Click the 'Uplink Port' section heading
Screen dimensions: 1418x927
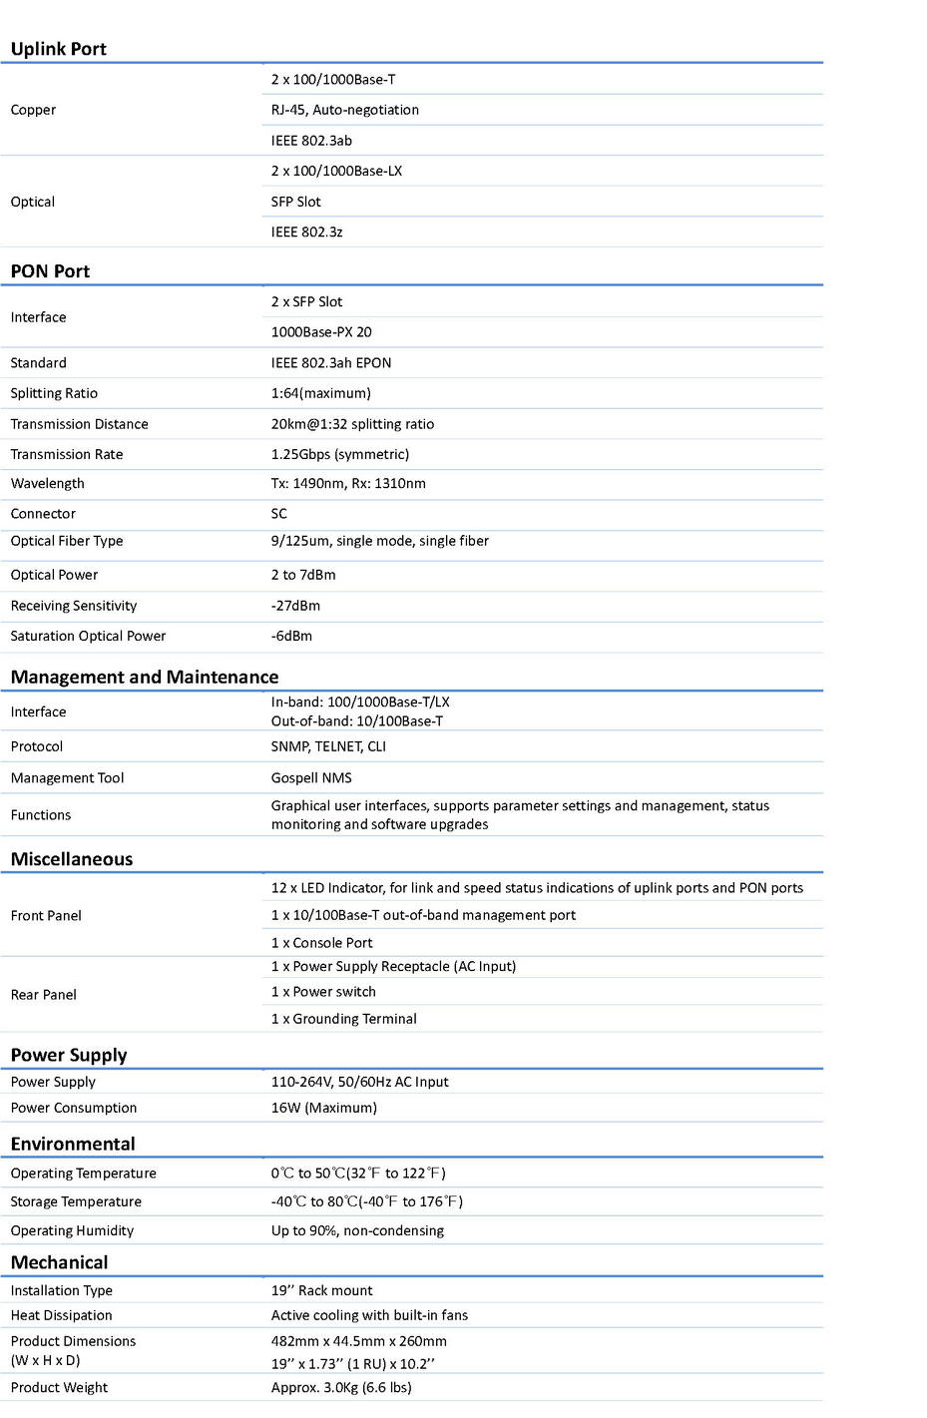pyautogui.click(x=58, y=49)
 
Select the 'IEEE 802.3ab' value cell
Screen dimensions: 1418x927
pyautogui.click(x=311, y=141)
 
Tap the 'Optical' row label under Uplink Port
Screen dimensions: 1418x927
pyautogui.click(x=33, y=202)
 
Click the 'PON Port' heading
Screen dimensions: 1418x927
pyautogui.click(x=50, y=271)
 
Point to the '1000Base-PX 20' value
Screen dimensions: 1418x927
pyautogui.click(x=321, y=332)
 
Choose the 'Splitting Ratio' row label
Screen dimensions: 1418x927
pyautogui.click(x=54, y=393)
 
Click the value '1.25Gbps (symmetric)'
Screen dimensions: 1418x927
pyautogui.click(x=340, y=454)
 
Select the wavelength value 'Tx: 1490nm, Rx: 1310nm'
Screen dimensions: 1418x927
pyautogui.click(x=348, y=484)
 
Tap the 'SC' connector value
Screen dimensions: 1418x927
pyautogui.click(x=279, y=514)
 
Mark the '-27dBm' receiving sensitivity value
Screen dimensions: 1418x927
pyautogui.click(x=295, y=606)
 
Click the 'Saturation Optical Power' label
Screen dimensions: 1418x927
pyautogui.click(x=88, y=636)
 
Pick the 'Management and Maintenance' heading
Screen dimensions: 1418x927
pyautogui.click(x=145, y=677)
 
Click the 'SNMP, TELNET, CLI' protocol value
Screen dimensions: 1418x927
pyautogui.click(x=328, y=746)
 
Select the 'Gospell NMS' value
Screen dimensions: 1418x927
pyautogui.click(x=311, y=778)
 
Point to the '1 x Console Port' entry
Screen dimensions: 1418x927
pyautogui.click(x=321, y=943)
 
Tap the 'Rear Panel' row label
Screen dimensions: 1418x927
pyautogui.click(x=44, y=995)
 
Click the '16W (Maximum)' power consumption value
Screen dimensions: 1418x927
pyautogui.click(x=324, y=1108)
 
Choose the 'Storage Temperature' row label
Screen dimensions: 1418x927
pyautogui.click(x=76, y=1201)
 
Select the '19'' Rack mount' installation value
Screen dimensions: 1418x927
pyautogui.click(x=321, y=1290)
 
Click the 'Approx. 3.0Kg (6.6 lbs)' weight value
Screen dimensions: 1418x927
pyautogui.click(x=341, y=1387)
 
